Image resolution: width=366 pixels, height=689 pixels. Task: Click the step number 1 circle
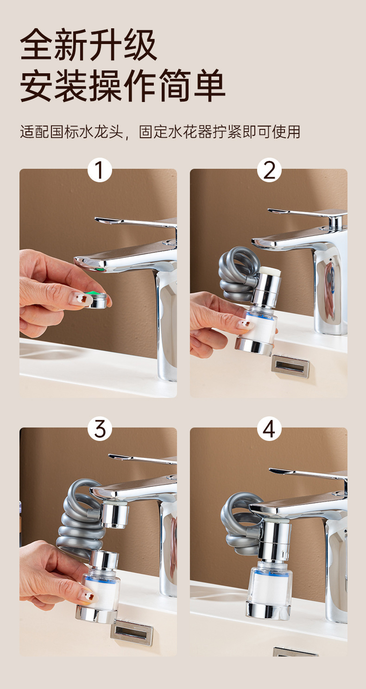pyautogui.click(x=100, y=170)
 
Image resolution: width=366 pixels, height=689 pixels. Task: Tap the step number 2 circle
pyautogui.click(x=269, y=170)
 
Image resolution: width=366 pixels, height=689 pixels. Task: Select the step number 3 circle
pyautogui.click(x=100, y=428)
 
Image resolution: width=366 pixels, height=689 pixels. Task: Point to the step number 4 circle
pyautogui.click(x=269, y=428)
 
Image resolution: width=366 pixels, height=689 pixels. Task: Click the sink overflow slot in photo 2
pyautogui.click(x=290, y=366)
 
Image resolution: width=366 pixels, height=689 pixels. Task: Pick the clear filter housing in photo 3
pyautogui.click(x=101, y=587)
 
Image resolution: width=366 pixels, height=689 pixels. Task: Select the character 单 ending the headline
pyautogui.click(x=209, y=85)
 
